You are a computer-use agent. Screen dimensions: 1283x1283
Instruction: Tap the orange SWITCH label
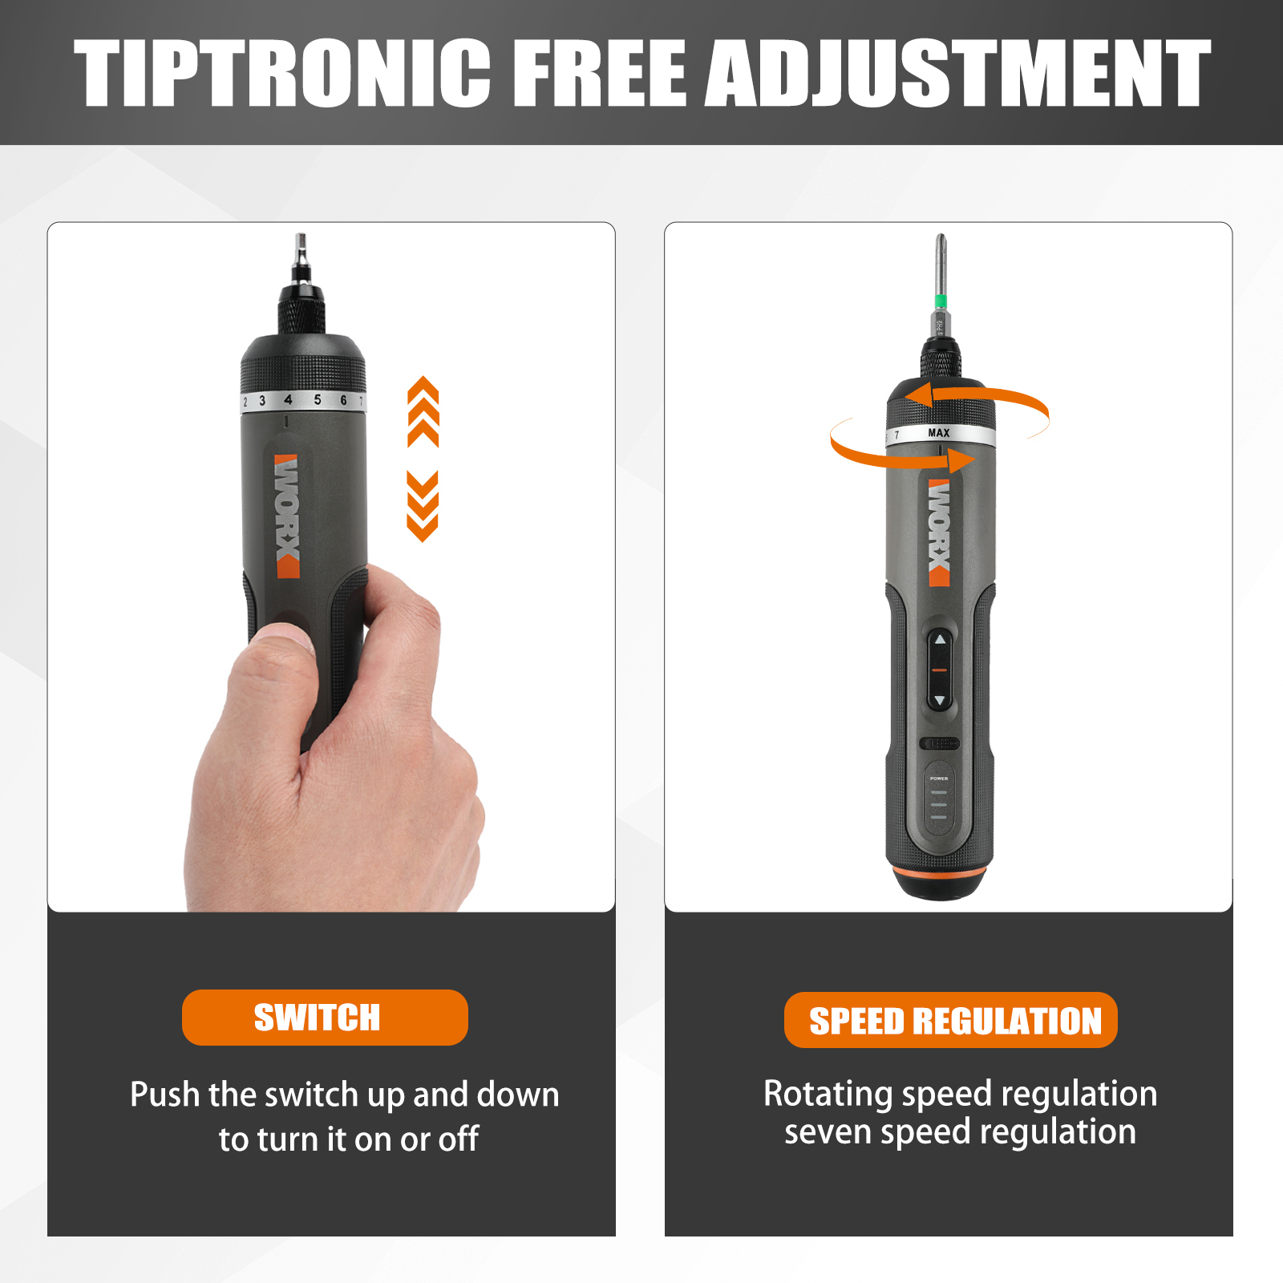point(324,1018)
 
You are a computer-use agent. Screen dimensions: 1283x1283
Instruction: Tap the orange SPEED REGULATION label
point(951,1020)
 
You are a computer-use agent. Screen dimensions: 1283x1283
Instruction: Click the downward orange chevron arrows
point(423,506)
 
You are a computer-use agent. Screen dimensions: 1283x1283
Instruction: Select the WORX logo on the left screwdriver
point(287,516)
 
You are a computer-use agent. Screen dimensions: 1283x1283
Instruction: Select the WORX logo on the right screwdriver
point(939,532)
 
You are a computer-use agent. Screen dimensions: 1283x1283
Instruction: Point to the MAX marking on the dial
point(938,433)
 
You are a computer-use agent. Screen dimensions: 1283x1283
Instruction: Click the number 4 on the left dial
point(288,399)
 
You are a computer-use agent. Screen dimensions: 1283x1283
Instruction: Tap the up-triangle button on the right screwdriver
point(940,640)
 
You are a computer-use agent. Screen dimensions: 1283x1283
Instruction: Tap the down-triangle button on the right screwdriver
point(940,701)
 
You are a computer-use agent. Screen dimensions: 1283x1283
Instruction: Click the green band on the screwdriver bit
point(941,302)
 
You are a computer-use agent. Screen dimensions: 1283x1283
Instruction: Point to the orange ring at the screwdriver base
point(940,872)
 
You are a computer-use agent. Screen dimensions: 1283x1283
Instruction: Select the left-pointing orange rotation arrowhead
point(919,395)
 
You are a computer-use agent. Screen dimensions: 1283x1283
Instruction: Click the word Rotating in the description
point(828,1094)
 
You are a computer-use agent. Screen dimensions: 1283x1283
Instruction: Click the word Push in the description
point(164,1095)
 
